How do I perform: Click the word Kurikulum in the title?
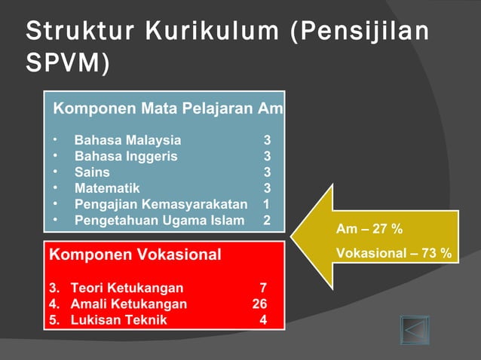click(203, 33)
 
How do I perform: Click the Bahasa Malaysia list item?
click(127, 140)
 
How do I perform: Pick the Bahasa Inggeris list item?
click(126, 156)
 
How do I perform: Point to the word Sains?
click(91, 172)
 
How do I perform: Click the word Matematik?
click(106, 188)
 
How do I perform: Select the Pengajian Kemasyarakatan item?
click(160, 204)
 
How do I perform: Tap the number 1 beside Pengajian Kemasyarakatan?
click(266, 204)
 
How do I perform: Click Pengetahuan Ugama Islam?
click(159, 221)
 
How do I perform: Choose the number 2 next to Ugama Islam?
click(266, 221)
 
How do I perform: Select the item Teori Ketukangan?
click(126, 288)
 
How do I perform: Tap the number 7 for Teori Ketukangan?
click(262, 288)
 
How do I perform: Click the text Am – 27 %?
click(369, 229)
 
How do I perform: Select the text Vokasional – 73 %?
click(394, 253)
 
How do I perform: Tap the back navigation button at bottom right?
click(414, 331)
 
